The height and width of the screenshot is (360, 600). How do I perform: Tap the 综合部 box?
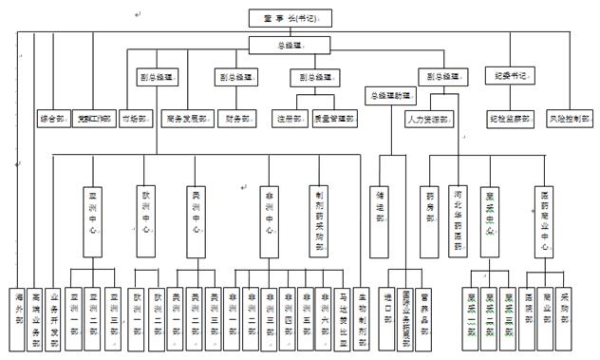tap(52, 120)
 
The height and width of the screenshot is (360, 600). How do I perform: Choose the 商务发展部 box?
tap(188, 120)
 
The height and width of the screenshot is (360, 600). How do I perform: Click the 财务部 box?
tap(234, 120)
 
